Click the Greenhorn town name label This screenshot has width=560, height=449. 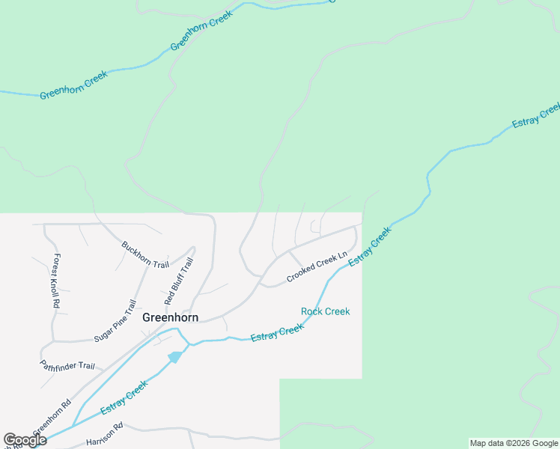[x=171, y=317]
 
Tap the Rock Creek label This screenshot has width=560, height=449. [x=325, y=311]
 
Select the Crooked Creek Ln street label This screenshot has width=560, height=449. [x=317, y=267]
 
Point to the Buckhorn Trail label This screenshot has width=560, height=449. [x=145, y=254]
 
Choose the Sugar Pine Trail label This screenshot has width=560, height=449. [x=115, y=321]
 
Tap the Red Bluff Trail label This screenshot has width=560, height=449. [x=178, y=281]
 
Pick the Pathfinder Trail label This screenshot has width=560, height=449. [x=67, y=366]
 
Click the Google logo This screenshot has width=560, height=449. [x=25, y=440]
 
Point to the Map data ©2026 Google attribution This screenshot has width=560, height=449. [x=514, y=443]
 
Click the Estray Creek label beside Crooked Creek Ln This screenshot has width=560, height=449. [x=370, y=245]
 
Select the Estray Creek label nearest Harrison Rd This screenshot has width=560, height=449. [x=124, y=398]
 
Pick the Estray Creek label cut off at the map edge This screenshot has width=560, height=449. [x=536, y=116]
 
